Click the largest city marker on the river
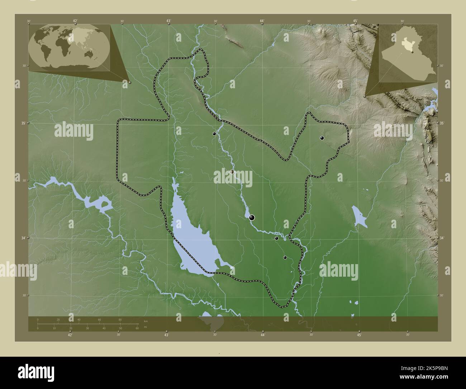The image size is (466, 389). click(252, 217)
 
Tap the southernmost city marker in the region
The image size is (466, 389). click(285, 257)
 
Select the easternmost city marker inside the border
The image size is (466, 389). click(322, 138)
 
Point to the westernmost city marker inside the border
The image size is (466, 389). click(214, 133)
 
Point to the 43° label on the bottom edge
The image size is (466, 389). click(166, 335)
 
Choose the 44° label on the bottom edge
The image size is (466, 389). click(263, 335)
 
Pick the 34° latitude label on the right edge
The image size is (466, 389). click(442, 238)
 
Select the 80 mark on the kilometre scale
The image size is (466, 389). click(120, 319)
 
